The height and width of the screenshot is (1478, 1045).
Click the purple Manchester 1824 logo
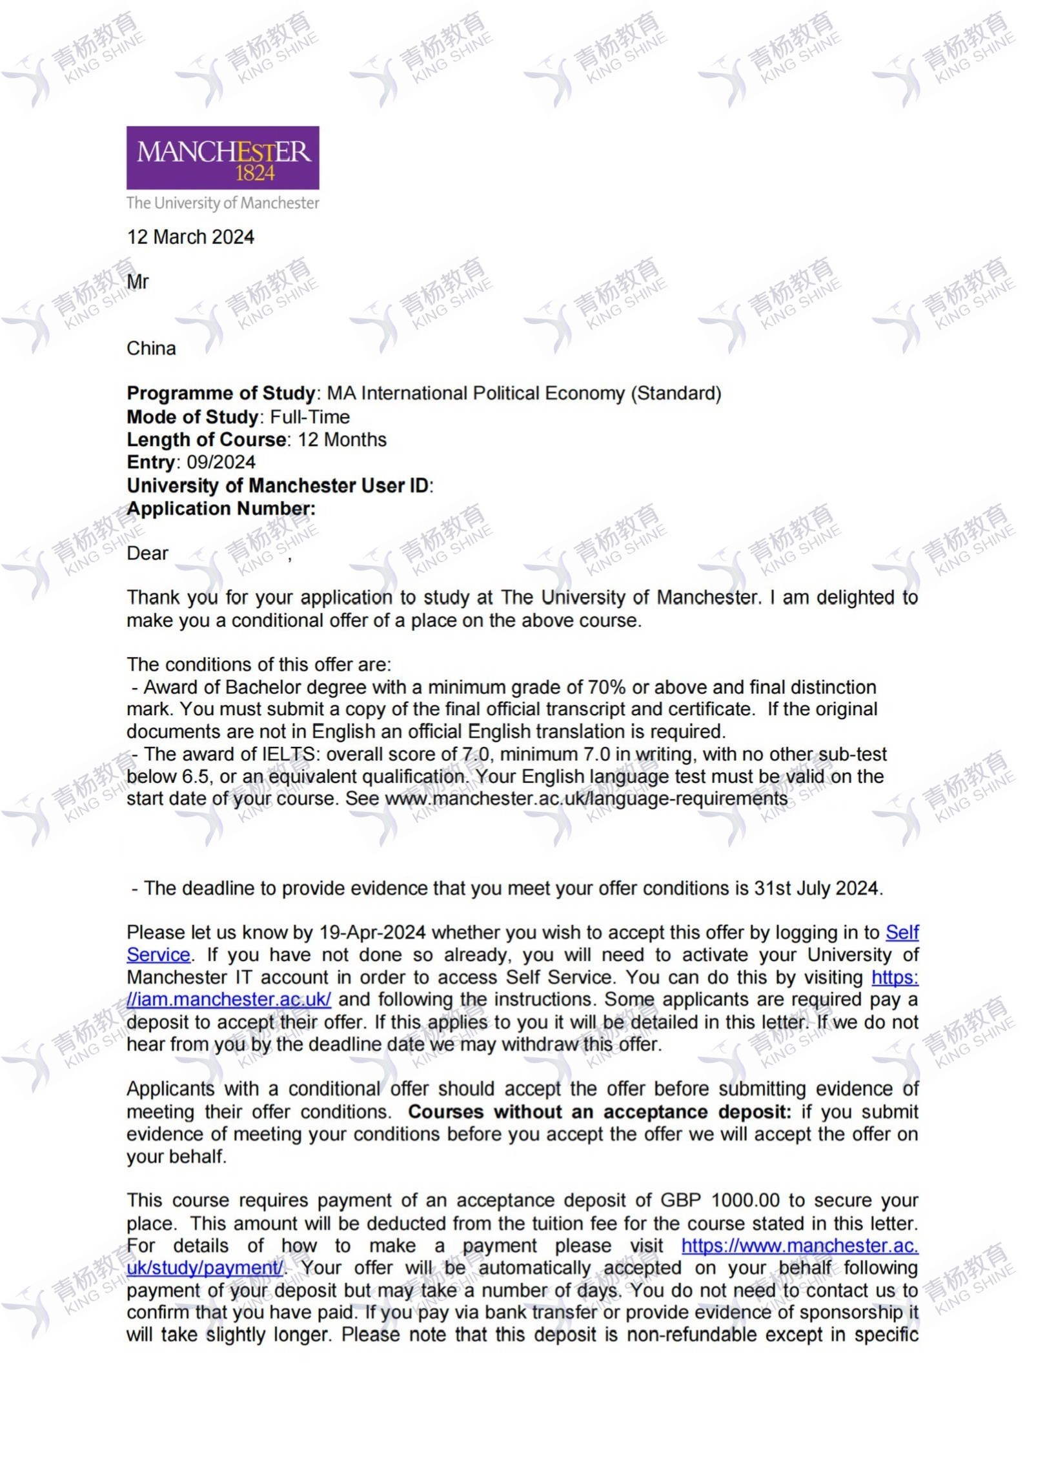pos(223,157)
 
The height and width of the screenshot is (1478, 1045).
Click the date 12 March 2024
pos(190,237)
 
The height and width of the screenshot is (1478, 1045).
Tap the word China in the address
pos(151,349)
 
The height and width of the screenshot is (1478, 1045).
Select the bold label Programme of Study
pos(221,393)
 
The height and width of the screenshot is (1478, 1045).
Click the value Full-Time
pos(310,417)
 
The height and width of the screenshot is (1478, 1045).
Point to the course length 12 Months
pos(342,440)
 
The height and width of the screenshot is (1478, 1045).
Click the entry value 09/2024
pos(221,462)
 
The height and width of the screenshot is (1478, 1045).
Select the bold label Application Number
pos(221,509)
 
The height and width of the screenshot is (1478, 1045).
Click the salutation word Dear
pos(147,554)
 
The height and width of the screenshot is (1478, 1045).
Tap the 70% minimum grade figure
pos(606,687)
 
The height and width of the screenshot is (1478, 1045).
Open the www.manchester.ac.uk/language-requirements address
pos(586,798)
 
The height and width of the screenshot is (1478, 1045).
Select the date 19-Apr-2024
pos(372,933)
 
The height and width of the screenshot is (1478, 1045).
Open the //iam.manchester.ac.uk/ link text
pos(229,1000)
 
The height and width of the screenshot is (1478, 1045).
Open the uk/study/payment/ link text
pos(205,1268)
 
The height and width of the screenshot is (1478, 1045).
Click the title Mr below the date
pos(137,282)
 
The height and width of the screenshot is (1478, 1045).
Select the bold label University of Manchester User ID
pos(278,485)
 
